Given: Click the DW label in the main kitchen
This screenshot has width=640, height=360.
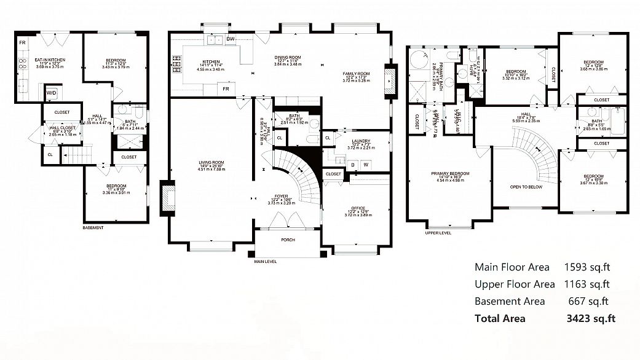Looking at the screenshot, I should (x=231, y=39).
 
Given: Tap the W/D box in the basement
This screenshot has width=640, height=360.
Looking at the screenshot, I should (x=52, y=93).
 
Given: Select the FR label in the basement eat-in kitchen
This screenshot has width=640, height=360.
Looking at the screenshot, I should (x=22, y=42).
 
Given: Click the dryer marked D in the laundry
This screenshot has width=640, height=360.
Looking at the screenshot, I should (x=353, y=164).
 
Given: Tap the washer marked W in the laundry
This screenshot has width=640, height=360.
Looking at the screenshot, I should (x=366, y=164).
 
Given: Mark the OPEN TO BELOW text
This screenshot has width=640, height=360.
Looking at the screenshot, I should (x=526, y=187).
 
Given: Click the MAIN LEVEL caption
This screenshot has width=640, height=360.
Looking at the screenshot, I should (x=265, y=261).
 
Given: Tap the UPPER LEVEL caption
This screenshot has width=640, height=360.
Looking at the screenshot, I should (x=438, y=233).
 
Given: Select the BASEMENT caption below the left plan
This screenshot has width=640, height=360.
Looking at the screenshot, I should (x=93, y=227).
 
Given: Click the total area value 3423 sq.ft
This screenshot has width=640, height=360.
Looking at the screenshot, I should (x=590, y=318).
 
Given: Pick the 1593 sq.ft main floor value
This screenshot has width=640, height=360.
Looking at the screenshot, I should (x=587, y=267).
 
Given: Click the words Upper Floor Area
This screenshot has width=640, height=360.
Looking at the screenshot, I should (x=515, y=284).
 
